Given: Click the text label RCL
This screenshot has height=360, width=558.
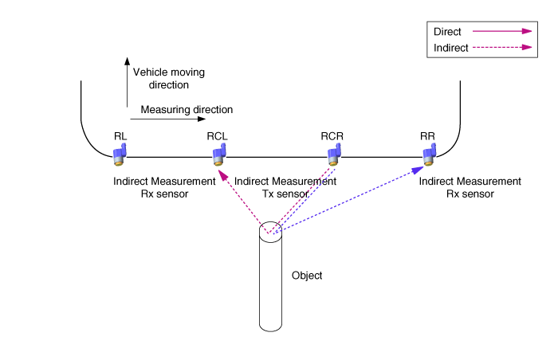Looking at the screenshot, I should tap(218, 135).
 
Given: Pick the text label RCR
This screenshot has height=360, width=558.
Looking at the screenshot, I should tap(332, 135).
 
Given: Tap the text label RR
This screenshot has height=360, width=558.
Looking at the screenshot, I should tap(427, 135).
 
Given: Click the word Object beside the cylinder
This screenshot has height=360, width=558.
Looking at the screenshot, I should tap(307, 276).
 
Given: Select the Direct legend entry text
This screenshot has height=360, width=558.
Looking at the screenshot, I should tap(447, 32).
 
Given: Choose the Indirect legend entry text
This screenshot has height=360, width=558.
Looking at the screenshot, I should tap(450, 48).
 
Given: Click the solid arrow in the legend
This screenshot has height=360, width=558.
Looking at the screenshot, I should tap(502, 32).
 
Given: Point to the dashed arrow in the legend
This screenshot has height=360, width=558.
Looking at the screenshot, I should tap(502, 48).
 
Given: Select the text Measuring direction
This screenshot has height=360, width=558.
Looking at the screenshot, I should tap(187, 109).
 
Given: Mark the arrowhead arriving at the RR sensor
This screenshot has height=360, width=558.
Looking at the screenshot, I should tap(418, 170).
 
